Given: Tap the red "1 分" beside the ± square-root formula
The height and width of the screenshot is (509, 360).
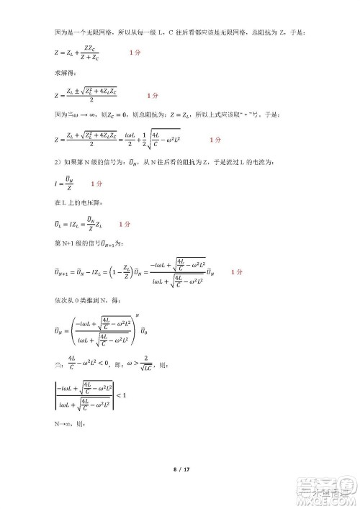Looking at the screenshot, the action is pos(152,94).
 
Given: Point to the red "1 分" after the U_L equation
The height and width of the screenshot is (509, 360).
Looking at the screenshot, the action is pos(125,224).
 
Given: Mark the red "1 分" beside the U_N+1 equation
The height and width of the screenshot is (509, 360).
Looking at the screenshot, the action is pos(237,273).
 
